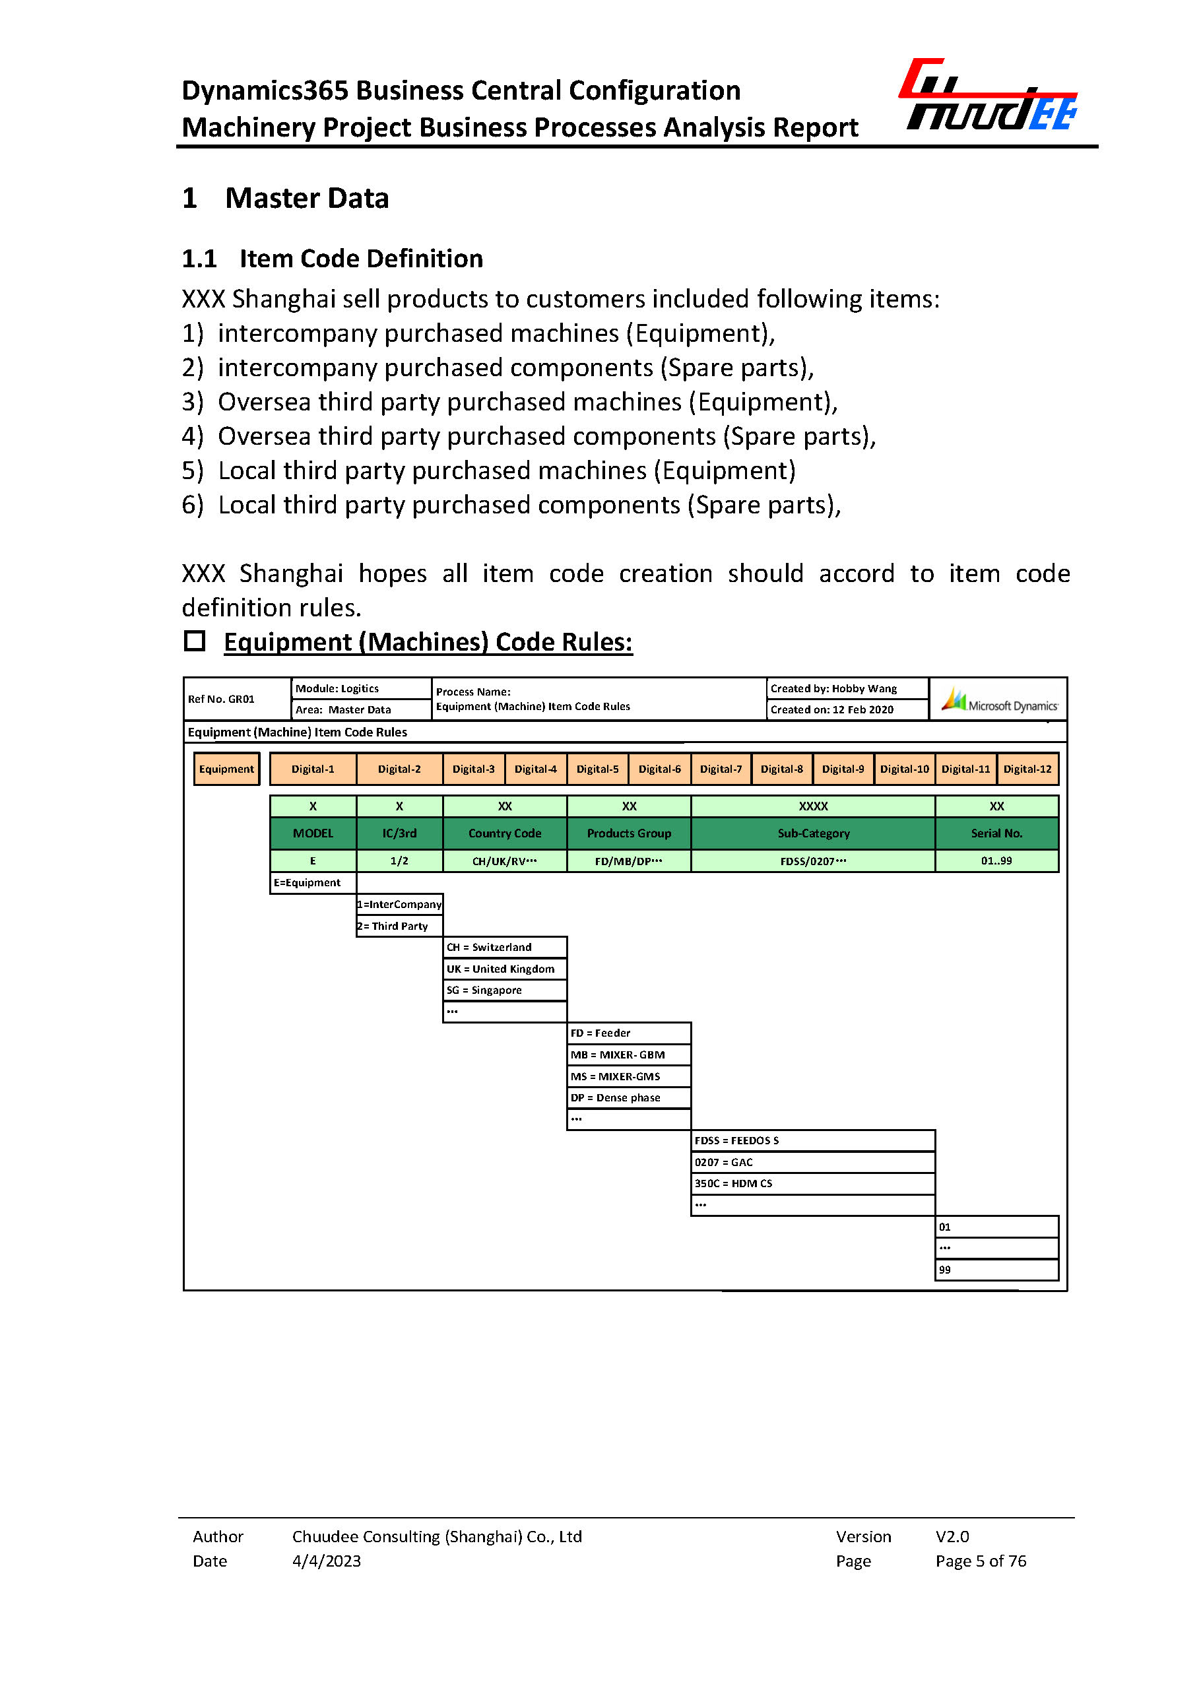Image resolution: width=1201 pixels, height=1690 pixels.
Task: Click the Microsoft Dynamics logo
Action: [1000, 699]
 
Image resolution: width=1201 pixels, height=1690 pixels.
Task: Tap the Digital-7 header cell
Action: [721, 769]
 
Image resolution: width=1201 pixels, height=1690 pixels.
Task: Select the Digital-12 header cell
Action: [1027, 769]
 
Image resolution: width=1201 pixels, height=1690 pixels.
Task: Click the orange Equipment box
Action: [226, 769]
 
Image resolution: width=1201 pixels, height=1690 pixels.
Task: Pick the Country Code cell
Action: [504, 833]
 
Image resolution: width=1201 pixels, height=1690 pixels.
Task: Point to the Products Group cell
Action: [629, 833]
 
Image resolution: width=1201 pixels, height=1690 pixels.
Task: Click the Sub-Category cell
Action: [813, 833]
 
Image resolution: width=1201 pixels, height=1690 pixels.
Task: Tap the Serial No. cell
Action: [996, 833]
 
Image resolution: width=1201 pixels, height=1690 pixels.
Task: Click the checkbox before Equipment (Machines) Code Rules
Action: [195, 641]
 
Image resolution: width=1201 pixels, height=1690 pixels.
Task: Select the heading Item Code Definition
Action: [361, 259]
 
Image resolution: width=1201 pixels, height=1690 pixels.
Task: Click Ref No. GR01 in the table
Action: [221, 699]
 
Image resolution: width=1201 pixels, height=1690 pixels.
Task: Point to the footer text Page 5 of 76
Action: [981, 1561]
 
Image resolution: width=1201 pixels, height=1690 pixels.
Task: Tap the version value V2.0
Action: [952, 1536]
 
